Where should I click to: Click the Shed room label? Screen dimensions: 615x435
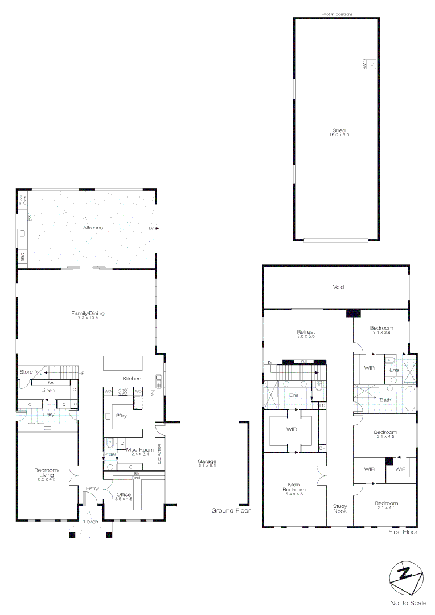tap(338, 130)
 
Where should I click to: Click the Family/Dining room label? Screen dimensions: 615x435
tap(88, 314)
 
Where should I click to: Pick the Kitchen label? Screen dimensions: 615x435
tap(132, 379)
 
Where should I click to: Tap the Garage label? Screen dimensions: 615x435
tap(207, 461)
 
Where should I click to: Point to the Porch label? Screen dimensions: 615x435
tap(91, 522)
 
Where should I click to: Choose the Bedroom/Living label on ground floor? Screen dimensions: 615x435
tap(46, 472)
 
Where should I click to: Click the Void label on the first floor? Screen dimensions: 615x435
tap(338, 288)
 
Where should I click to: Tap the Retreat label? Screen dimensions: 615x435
tap(306, 332)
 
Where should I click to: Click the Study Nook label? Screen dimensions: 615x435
tap(340, 509)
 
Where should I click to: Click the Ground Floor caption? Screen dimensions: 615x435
tap(231, 511)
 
